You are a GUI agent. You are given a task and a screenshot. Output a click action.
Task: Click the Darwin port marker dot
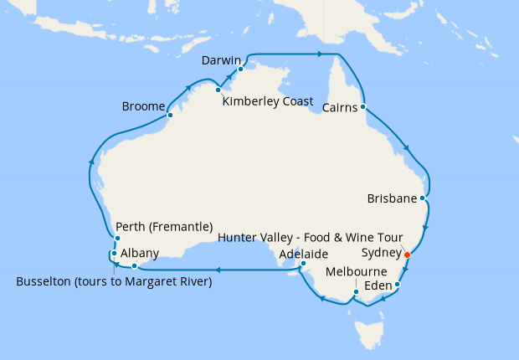(x=240, y=69)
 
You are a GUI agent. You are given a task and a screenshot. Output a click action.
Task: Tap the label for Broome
(x=143, y=107)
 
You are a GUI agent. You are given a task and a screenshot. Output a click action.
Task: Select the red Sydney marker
(x=407, y=255)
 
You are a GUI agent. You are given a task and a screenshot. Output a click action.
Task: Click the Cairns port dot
(x=363, y=107)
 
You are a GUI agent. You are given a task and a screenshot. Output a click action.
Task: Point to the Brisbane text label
(x=392, y=199)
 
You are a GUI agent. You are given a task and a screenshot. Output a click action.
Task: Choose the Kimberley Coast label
(x=268, y=101)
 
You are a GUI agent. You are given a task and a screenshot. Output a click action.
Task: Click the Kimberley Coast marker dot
(x=218, y=90)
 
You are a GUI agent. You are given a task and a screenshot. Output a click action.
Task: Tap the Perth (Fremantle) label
(x=164, y=226)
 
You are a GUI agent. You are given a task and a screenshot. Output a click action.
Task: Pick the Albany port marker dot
(x=134, y=266)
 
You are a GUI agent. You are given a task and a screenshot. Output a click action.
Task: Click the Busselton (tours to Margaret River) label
(x=114, y=281)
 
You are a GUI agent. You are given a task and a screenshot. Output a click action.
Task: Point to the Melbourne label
(x=356, y=272)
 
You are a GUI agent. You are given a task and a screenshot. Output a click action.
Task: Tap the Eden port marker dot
(x=398, y=285)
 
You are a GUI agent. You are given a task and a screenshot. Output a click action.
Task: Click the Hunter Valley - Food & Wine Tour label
(x=311, y=238)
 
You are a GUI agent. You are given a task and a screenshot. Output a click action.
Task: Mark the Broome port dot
(x=170, y=116)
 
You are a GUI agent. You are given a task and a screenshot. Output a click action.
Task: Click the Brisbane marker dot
(x=424, y=199)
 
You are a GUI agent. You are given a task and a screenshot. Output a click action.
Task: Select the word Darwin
(x=222, y=60)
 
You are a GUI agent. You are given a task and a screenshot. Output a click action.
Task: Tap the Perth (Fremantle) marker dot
(x=117, y=239)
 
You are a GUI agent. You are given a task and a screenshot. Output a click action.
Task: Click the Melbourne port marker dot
(x=356, y=292)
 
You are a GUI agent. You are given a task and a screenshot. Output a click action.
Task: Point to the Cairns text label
(x=342, y=106)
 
